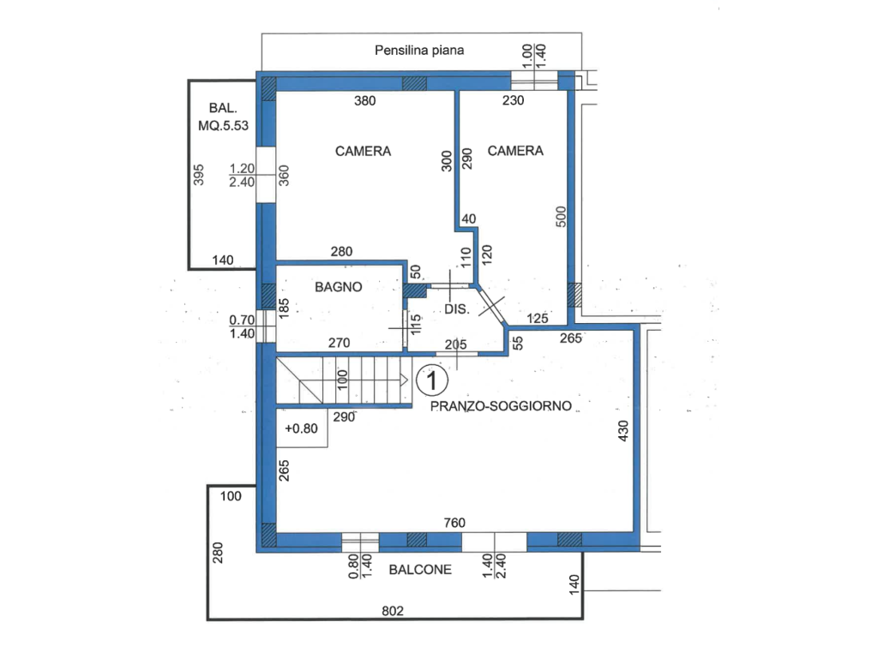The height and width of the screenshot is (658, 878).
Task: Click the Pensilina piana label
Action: pyautogui.click(x=419, y=51)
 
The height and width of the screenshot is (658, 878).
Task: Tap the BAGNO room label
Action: pyautogui.click(x=338, y=287)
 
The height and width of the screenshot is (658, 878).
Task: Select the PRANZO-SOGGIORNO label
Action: pyautogui.click(x=501, y=406)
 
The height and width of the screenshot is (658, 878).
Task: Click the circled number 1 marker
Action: pyautogui.click(x=432, y=381)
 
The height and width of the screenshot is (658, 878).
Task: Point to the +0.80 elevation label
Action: pyautogui.click(x=301, y=428)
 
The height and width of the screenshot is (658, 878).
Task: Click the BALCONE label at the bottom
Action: pyautogui.click(x=420, y=570)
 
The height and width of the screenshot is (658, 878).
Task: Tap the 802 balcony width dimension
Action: pyautogui.click(x=393, y=611)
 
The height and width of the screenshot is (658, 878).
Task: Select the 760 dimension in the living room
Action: pyautogui.click(x=454, y=523)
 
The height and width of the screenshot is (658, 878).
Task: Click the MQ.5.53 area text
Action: pyautogui.click(x=224, y=125)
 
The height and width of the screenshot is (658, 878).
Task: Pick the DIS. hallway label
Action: pyautogui.click(x=457, y=309)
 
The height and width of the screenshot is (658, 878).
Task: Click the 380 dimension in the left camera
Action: pyautogui.click(x=365, y=101)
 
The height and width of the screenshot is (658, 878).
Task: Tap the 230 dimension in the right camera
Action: pyautogui.click(x=513, y=100)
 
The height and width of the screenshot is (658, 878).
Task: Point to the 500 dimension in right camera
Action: pyautogui.click(x=561, y=217)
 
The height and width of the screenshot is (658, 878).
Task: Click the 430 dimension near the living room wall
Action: pyautogui.click(x=623, y=431)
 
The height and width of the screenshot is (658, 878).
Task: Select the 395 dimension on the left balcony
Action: pyautogui.click(x=199, y=175)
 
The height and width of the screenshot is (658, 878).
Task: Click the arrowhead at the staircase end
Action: pyautogui.click(x=405, y=380)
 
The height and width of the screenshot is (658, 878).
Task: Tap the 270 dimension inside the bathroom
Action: pyautogui.click(x=340, y=343)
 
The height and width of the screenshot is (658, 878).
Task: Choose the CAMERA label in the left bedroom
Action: pyautogui.click(x=363, y=151)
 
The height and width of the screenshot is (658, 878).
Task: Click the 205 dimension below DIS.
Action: pyautogui.click(x=456, y=344)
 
